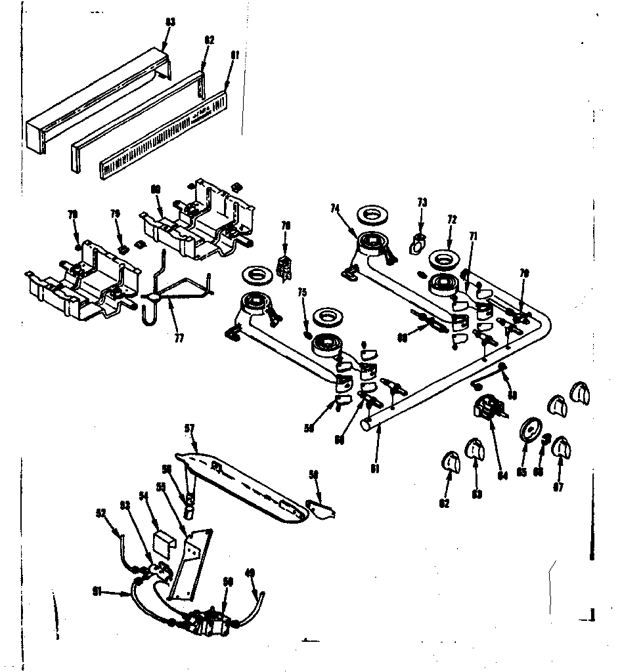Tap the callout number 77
179,339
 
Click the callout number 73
422,203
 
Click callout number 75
302,293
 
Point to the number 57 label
190,429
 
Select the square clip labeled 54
162,542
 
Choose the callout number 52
100,513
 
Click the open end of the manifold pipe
366,426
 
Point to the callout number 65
522,471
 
